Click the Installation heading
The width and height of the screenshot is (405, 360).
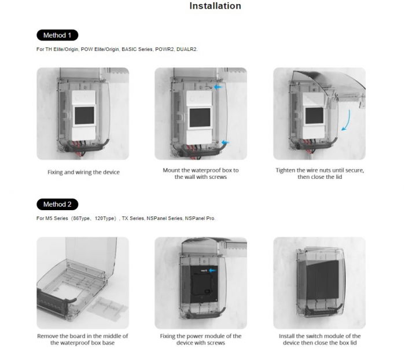(215, 6)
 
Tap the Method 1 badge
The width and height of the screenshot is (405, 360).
(57, 35)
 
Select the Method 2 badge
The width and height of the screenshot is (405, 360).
(57, 204)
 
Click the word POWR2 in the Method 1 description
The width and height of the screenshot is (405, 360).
(165, 49)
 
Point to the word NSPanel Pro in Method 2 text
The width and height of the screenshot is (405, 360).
(200, 218)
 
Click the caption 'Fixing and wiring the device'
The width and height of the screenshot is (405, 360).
(83, 172)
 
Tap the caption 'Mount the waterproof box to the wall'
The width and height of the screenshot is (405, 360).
(201, 173)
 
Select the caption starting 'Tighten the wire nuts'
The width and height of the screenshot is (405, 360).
(319, 173)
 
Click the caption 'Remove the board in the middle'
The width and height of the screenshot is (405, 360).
(83, 339)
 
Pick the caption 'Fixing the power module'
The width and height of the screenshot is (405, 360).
(201, 339)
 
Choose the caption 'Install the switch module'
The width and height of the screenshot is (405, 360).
(319, 339)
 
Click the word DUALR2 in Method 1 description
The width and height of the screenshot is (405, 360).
(188, 49)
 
